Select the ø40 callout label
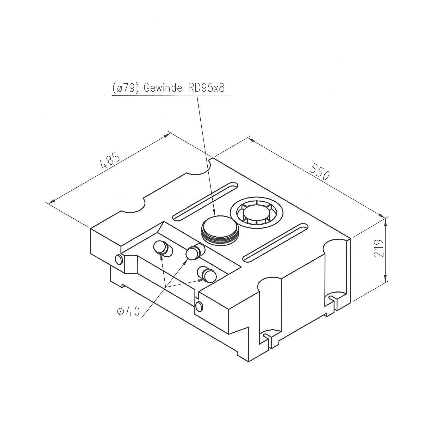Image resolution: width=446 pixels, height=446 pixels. [129, 311]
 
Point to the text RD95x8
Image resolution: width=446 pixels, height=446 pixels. [206, 88]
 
